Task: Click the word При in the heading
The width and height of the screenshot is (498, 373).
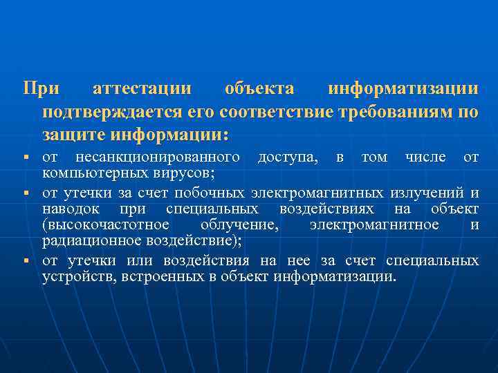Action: [41, 89]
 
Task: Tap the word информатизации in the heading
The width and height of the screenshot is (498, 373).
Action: [403, 89]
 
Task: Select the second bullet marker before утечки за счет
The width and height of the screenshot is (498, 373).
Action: [26, 191]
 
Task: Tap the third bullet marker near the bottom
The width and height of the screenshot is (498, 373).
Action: [26, 261]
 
